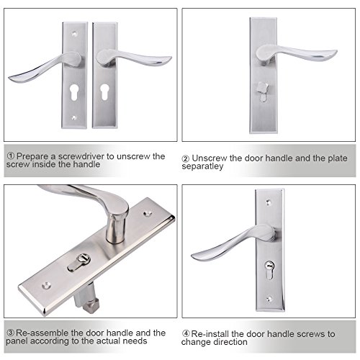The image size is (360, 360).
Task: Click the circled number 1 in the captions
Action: (x=11, y=156)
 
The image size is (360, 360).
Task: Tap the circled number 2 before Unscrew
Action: (x=186, y=158)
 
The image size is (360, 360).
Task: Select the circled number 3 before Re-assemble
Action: (x=11, y=333)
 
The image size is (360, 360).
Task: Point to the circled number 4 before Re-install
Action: (x=186, y=333)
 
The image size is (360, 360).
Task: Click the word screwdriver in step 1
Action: (x=81, y=156)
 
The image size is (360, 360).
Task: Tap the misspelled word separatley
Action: (x=202, y=166)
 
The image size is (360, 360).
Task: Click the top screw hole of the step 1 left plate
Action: (x=75, y=33)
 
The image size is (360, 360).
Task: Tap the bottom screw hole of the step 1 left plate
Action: (x=74, y=117)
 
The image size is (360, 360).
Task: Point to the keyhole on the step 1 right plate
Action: (x=104, y=91)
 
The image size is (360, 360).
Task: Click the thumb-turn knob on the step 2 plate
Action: (x=262, y=87)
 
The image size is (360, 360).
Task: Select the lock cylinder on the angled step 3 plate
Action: (x=78, y=263)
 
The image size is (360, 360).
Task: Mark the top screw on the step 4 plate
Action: (x=269, y=202)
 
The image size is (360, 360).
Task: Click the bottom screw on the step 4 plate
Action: (x=269, y=299)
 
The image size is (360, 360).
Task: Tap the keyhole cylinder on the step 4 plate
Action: (x=269, y=270)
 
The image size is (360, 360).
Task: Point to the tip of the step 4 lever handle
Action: (x=192, y=256)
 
